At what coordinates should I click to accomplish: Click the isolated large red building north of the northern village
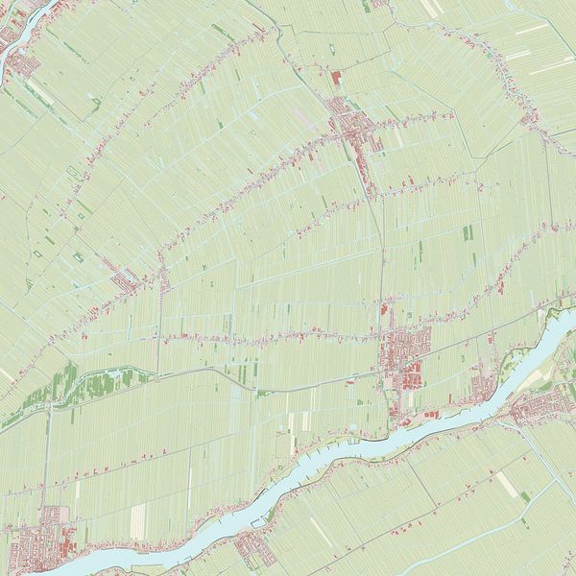pos(336,78)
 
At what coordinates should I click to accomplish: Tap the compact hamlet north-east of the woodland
pos(125,279)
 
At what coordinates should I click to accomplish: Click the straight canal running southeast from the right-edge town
pos(547,461)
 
